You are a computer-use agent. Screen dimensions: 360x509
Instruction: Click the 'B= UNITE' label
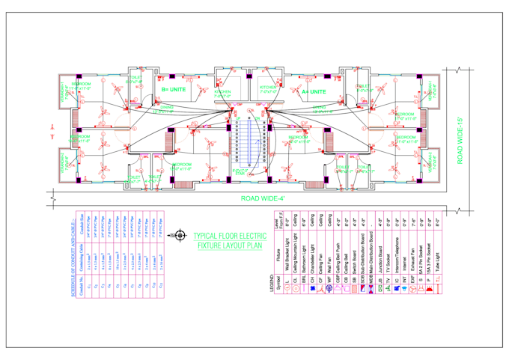coord(173,89)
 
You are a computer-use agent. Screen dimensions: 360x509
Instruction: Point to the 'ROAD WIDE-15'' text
coord(462,135)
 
